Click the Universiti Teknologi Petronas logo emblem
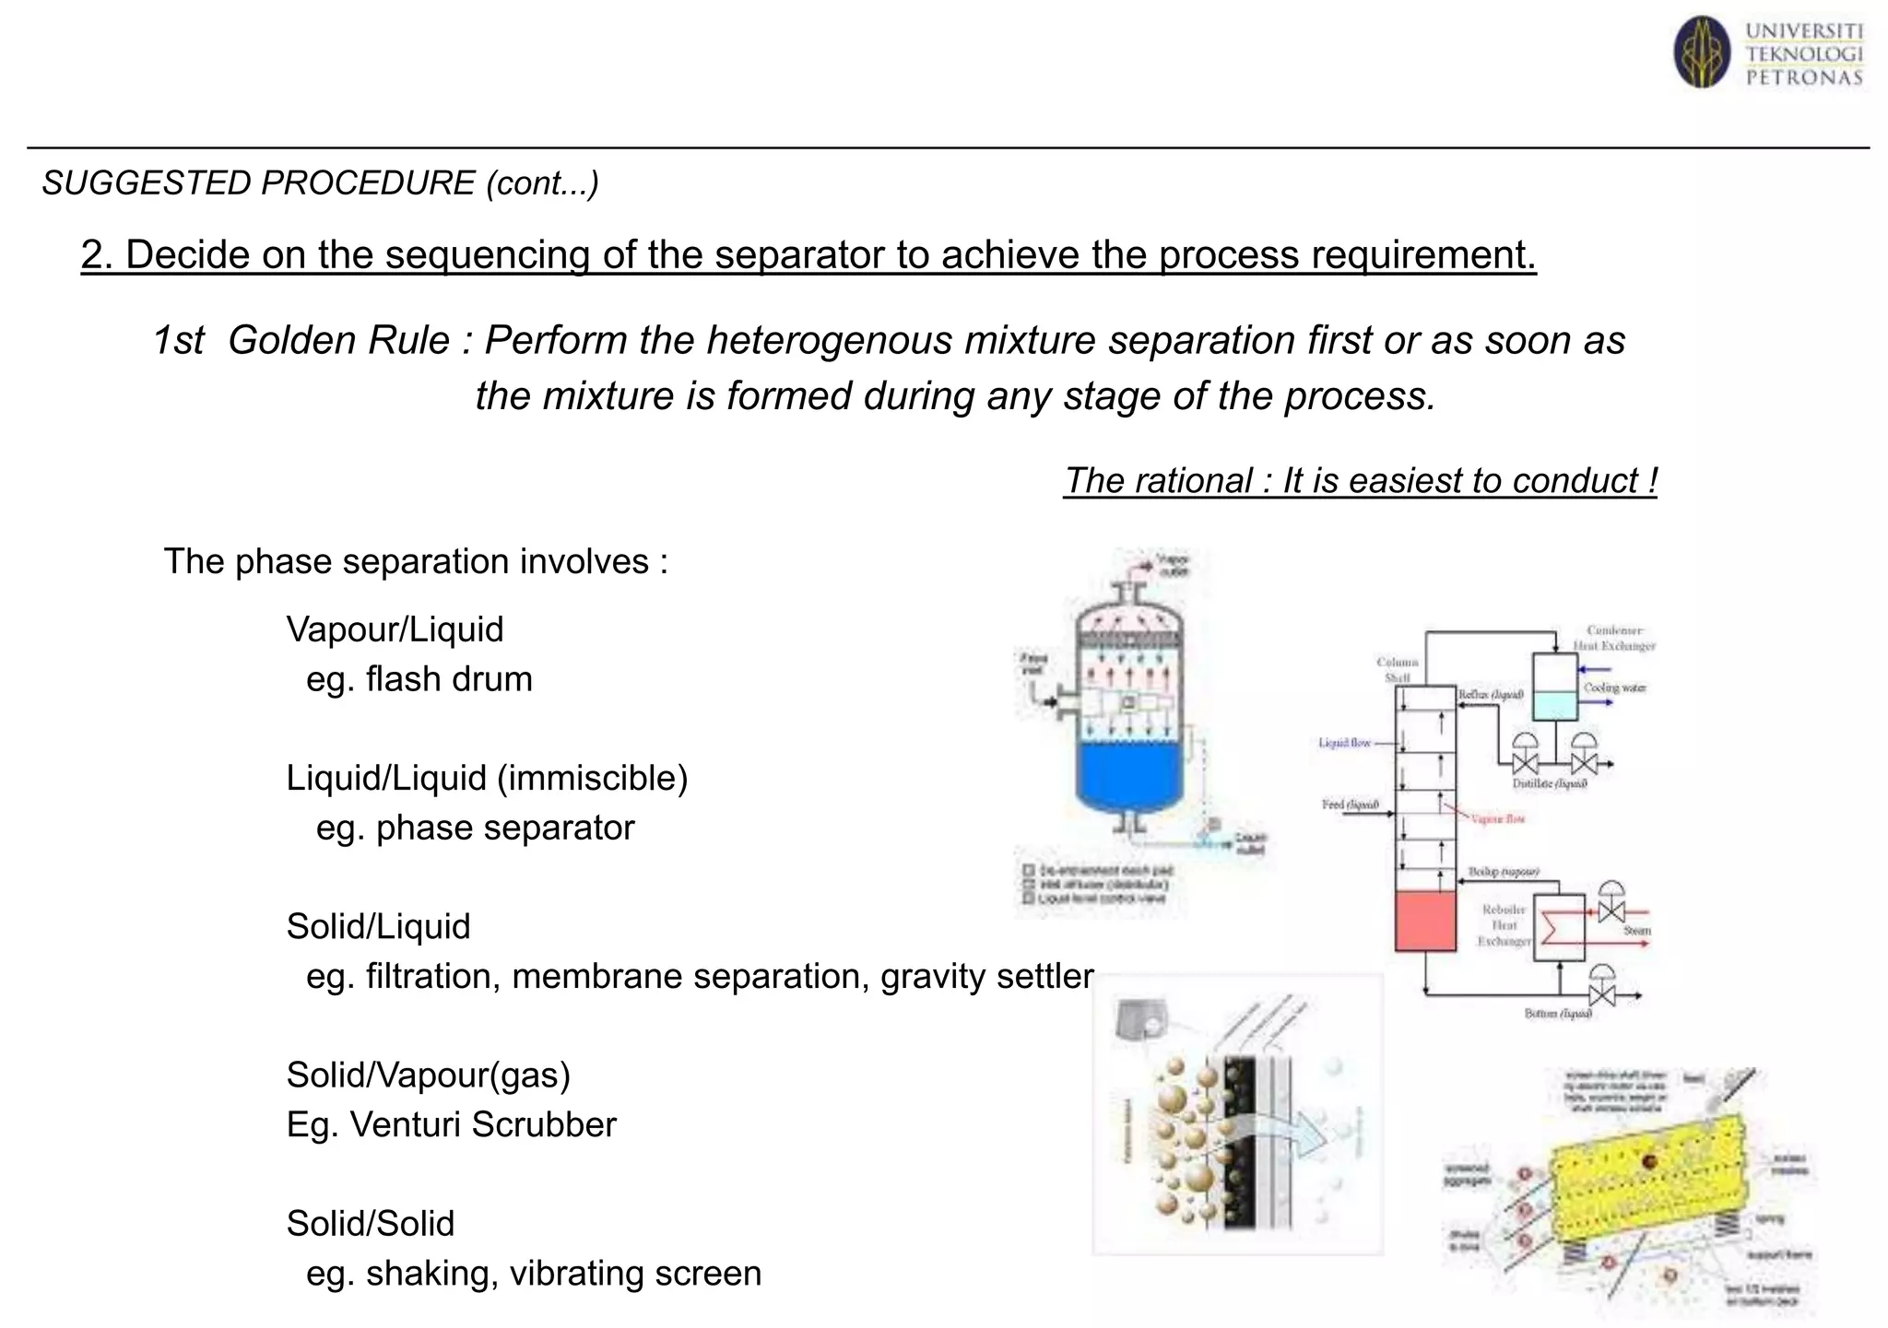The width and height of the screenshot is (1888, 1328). pos(1702,53)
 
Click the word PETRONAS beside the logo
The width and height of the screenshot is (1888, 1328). pos(1804,78)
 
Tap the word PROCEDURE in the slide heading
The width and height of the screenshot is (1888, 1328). pos(367,183)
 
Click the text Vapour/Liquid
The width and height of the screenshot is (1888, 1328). pos(395,629)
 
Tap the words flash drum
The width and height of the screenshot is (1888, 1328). pos(449,679)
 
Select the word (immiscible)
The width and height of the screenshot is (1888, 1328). pos(593,778)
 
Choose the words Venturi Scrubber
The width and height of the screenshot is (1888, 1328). pos(483,1124)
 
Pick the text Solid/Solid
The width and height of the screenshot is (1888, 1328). pos(371,1223)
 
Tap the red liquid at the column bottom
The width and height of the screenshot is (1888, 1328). pos(1425,921)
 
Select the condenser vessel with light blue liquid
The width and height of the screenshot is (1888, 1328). pos(1554,686)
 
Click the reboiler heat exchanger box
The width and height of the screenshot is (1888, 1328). pos(1559,928)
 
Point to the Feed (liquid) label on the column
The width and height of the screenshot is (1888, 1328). pos(1350,805)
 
